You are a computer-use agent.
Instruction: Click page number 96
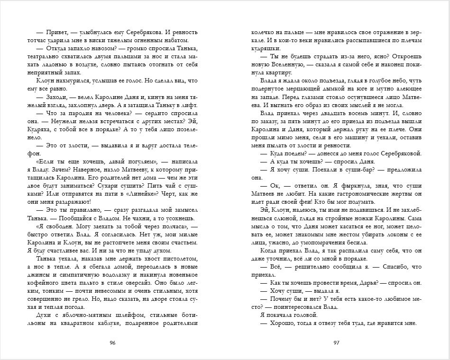pyautogui.click(x=112, y=342)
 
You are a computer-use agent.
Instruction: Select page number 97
pyautogui.click(x=337, y=342)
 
